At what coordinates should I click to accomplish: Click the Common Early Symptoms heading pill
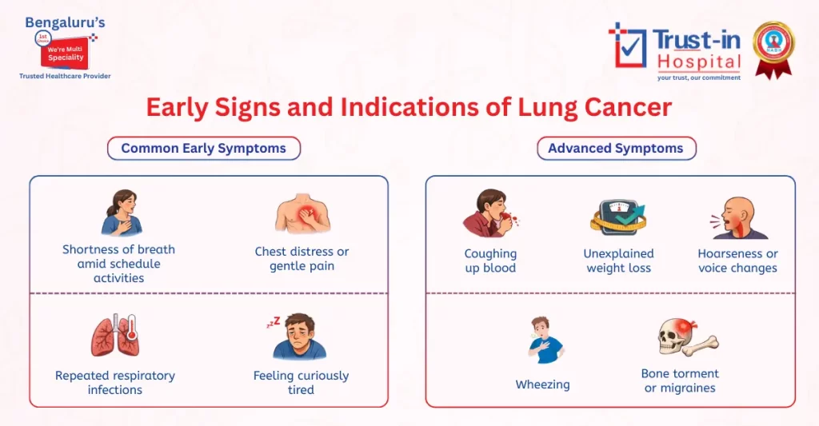(x=203, y=148)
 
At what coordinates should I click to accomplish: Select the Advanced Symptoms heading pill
(x=615, y=148)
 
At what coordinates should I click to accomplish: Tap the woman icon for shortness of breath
(x=120, y=213)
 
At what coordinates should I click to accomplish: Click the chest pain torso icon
(x=302, y=214)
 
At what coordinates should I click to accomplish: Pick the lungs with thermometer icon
(x=115, y=335)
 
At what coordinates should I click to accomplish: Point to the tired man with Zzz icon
(x=298, y=336)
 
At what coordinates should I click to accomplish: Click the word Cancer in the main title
(x=622, y=106)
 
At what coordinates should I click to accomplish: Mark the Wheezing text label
(x=542, y=385)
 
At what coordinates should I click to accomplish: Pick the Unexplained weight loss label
(x=618, y=261)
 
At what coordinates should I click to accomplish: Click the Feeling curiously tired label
(x=301, y=383)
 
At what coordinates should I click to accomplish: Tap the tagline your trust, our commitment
(x=698, y=78)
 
